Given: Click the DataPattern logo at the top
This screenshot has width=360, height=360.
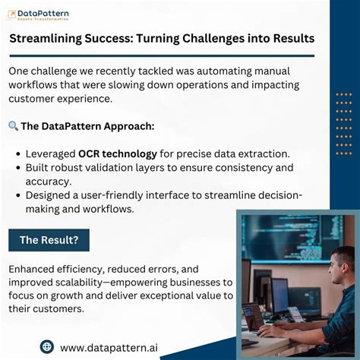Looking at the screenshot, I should pyautogui.click(x=39, y=14).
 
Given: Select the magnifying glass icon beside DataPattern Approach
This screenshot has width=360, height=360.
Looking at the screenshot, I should pyautogui.click(x=13, y=126).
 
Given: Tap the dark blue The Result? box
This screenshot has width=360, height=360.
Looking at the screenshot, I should pyautogui.click(x=49, y=240).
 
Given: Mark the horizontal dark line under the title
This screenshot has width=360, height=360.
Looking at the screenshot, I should pyautogui.click(x=162, y=55).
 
